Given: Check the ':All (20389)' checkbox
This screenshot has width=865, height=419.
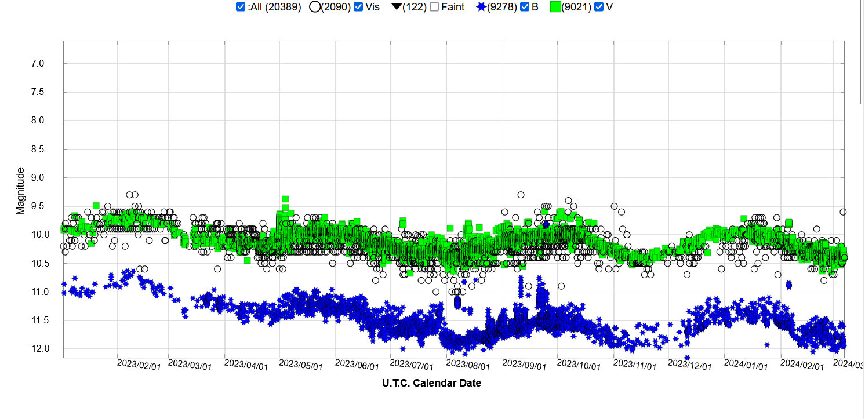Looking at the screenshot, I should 241,8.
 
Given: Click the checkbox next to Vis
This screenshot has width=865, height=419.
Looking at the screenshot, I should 358,8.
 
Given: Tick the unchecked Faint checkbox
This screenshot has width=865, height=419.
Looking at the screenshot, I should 434,8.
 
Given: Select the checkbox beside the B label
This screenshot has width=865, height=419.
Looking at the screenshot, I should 525,8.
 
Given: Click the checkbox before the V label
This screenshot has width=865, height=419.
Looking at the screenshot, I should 599,8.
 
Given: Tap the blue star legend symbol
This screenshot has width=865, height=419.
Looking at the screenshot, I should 481,8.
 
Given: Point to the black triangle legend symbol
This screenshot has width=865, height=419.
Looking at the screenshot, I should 398,8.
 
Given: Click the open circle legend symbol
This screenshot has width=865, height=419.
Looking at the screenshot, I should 315,8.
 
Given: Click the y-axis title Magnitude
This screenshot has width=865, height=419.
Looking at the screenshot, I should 21,191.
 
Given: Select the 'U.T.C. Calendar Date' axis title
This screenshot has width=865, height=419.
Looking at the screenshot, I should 431,383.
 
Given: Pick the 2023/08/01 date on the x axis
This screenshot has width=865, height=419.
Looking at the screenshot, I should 468,366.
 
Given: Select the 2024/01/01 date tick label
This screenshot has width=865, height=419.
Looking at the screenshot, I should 746,366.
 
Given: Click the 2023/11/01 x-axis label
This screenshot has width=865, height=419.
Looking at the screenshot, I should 635,366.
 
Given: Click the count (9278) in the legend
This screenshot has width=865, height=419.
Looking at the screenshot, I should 502,8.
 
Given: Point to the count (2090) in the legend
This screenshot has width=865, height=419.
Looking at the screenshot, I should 336,8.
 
